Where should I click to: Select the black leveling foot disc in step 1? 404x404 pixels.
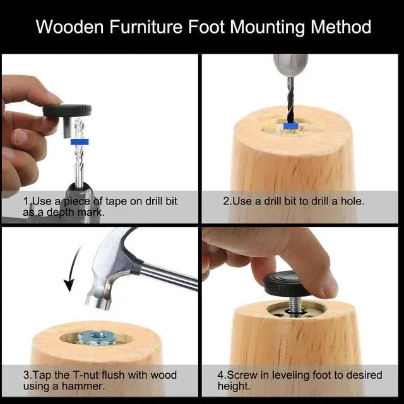(67, 110)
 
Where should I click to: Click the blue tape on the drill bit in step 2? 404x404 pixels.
(290, 126)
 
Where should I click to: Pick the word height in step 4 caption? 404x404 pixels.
(233, 386)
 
